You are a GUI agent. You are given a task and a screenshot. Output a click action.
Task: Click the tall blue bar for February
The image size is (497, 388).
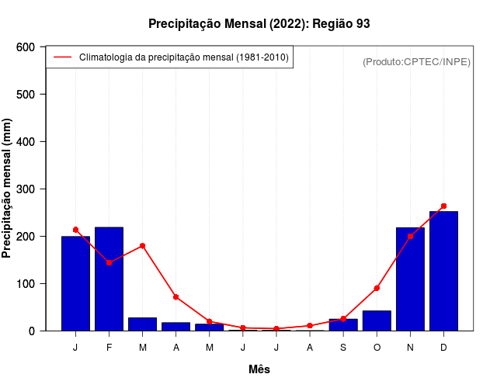click(109, 279)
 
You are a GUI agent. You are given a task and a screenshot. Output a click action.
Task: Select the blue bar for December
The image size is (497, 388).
click(443, 271)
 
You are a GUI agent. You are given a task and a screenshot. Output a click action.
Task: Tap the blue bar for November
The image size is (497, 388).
click(410, 279)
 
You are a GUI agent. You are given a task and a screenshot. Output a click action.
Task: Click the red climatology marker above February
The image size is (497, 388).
click(109, 262)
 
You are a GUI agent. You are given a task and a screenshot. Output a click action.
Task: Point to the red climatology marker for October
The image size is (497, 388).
click(377, 288)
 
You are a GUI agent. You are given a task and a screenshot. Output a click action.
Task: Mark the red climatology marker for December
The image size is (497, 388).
click(443, 206)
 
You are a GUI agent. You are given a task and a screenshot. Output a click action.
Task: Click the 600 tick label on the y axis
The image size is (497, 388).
click(26, 47)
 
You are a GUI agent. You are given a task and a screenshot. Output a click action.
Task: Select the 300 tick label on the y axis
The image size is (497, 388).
click(26, 189)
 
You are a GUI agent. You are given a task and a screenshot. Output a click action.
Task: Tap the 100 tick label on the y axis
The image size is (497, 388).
click(26, 284)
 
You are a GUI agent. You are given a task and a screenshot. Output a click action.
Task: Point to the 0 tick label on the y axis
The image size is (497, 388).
click(32, 331)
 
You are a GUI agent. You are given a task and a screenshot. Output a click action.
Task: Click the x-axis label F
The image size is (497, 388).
click(109, 348)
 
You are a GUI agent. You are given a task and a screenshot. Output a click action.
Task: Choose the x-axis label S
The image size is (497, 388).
click(343, 348)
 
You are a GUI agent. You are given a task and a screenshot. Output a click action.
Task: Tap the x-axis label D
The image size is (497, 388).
click(443, 348)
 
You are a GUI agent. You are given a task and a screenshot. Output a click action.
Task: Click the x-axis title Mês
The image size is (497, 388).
click(259, 369)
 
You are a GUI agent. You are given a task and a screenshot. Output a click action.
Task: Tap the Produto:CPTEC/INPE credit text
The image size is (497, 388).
click(416, 61)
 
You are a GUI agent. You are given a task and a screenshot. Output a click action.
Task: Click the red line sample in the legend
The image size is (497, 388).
click(62, 57)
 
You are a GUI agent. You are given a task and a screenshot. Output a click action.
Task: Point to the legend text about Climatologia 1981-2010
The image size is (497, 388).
click(184, 57)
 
